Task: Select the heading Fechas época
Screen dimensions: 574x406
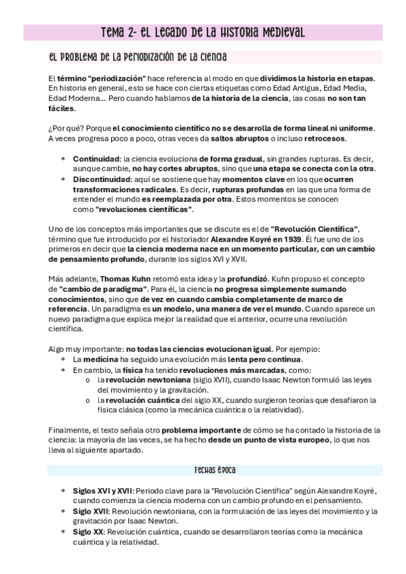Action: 215,470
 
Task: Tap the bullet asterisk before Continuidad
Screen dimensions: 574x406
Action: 63,158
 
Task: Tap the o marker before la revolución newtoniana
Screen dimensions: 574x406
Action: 89,380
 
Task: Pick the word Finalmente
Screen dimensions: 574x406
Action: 71,430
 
